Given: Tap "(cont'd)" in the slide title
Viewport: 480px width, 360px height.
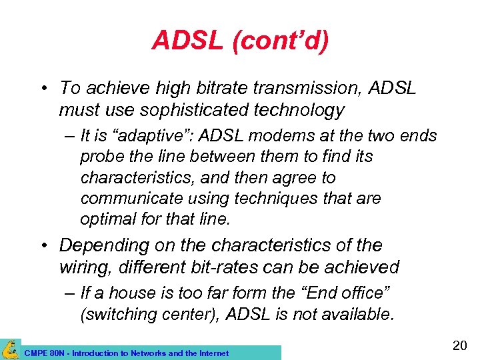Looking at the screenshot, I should click(280, 41).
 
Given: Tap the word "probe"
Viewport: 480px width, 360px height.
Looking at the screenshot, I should click(99, 157).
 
